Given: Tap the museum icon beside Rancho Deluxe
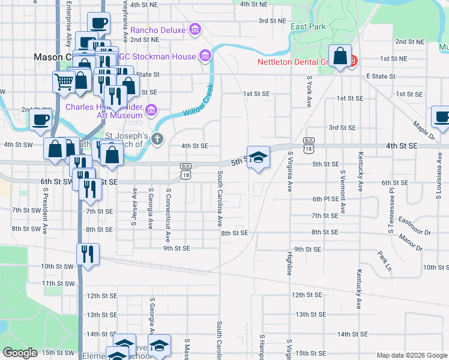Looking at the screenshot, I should pos(194,29).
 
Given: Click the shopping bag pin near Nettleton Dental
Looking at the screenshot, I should pos(340,58).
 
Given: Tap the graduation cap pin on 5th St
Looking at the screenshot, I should pos(258,158).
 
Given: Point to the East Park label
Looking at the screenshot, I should pos(308,27).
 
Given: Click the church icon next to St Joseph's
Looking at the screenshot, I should pos(157,139).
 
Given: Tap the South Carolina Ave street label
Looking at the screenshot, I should pos(220,197).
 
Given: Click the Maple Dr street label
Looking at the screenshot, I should pos(424,131).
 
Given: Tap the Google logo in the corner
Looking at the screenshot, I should pos(20,353).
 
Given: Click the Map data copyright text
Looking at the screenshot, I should pos(412,355).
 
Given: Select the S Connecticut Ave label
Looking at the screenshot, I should pos(169,208).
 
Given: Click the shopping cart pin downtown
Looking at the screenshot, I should pos(63,82).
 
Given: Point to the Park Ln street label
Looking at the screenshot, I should pos(385,259).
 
